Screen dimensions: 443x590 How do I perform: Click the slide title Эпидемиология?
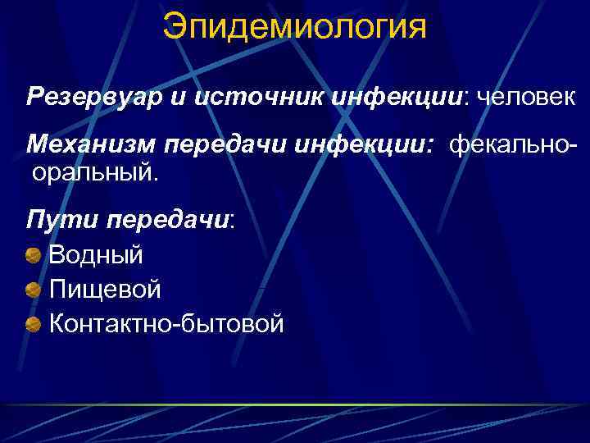[x=294, y=26]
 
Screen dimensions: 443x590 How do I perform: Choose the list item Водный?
[x=96, y=254]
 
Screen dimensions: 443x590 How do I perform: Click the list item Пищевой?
[x=104, y=289]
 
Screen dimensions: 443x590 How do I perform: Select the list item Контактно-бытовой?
[x=166, y=323]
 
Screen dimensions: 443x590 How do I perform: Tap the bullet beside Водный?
[x=34, y=255]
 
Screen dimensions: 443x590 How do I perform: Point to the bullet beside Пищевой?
[x=34, y=290]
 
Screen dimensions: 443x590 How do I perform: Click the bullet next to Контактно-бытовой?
[x=34, y=324]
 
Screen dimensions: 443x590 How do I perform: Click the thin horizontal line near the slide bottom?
[x=295, y=405]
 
